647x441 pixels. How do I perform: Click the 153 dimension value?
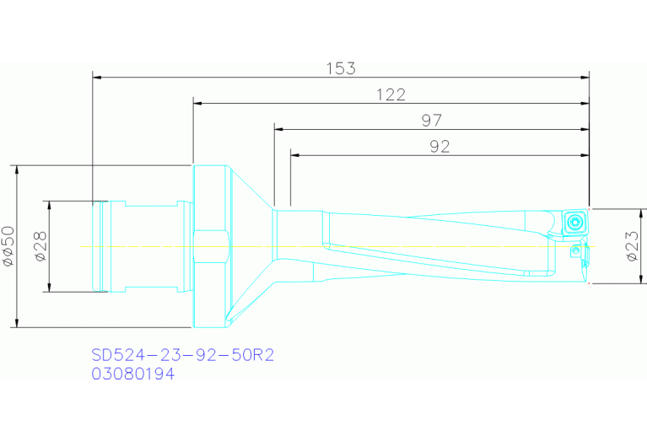[341, 68]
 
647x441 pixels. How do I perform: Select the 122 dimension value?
[391, 94]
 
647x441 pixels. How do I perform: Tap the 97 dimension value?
[431, 121]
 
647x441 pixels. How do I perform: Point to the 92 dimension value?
[439, 147]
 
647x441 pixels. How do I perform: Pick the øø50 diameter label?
[8, 245]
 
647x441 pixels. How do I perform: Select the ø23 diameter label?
[631, 246]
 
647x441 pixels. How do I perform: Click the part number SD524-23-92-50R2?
[182, 356]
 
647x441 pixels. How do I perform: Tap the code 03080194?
[133, 374]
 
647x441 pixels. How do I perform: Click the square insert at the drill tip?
[574, 222]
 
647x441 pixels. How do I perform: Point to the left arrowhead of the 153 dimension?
[96, 78]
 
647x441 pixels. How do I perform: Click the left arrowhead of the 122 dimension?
[198, 103]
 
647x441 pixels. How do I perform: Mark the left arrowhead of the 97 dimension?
[278, 130]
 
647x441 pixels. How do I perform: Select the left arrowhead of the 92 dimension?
[294, 155]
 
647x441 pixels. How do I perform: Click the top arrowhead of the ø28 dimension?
[49, 205]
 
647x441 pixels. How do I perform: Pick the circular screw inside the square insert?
[574, 222]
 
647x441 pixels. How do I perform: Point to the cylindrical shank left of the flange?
[143, 246]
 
